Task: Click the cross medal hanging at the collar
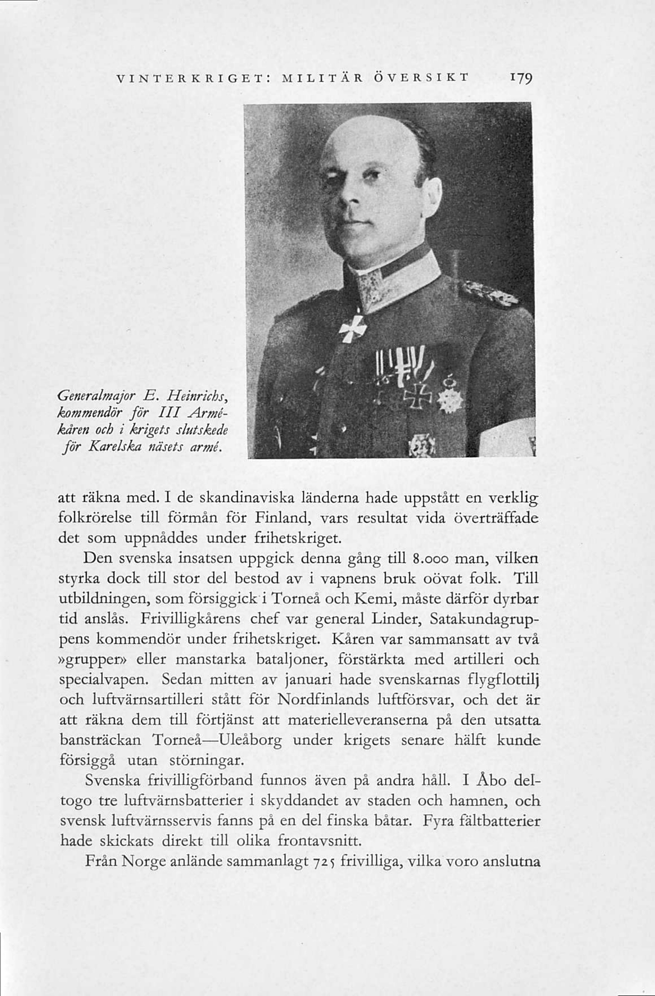click(352, 328)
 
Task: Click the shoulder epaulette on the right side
click(488, 293)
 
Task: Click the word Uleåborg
click(251, 740)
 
